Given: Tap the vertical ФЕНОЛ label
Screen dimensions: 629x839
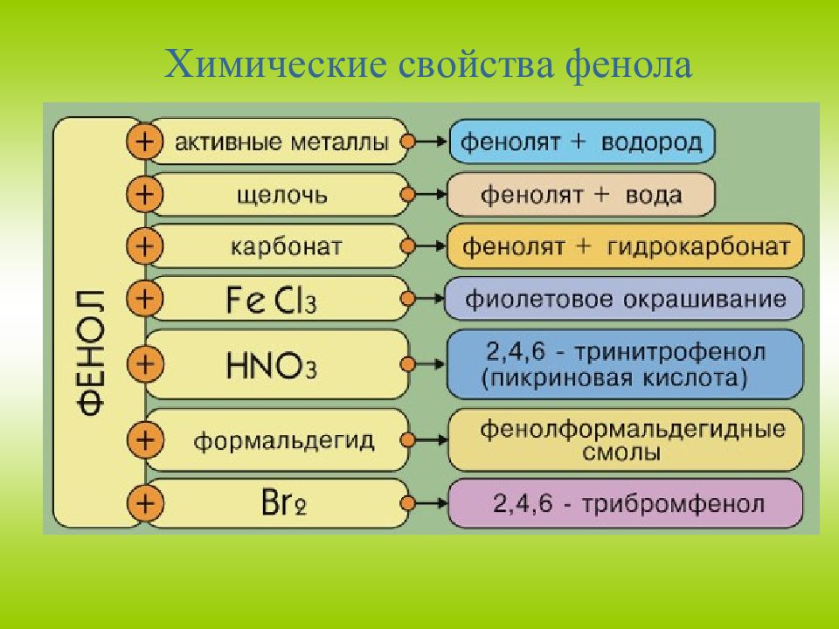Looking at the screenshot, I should pos(89,349).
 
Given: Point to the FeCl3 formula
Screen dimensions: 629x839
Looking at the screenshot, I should pos(271,299).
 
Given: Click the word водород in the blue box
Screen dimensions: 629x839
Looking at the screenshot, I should pos(652,142).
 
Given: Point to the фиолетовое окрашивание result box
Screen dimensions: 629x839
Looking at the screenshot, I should pos(625,299).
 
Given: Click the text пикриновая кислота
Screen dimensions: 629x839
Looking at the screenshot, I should pos(614,378).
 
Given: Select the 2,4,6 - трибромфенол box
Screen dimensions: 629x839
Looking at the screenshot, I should pos(626,503).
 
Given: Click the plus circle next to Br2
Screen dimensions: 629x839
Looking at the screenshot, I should pos(145,503).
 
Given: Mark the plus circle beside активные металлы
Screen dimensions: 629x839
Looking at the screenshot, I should pos(145,142).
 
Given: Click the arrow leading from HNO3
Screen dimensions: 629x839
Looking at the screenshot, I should pos(427,363).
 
